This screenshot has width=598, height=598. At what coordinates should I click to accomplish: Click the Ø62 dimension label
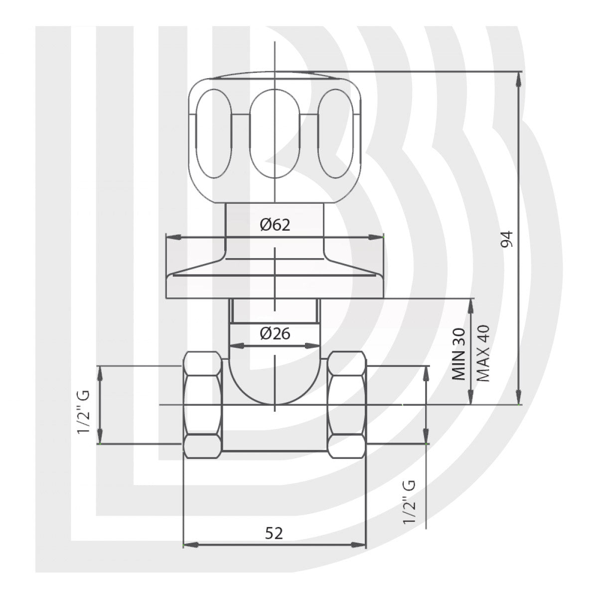click(275, 225)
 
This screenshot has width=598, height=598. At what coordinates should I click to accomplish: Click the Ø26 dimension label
click(275, 333)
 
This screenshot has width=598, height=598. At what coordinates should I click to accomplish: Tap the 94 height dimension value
click(508, 239)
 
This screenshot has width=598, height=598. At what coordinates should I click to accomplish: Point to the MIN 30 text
click(459, 354)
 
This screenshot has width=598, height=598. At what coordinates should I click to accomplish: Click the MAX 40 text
click(482, 353)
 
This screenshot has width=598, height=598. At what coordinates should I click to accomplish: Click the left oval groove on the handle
click(213, 134)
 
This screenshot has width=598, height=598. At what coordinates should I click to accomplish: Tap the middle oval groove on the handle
click(275, 134)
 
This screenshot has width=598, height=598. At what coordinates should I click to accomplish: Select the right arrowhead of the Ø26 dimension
click(313, 345)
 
